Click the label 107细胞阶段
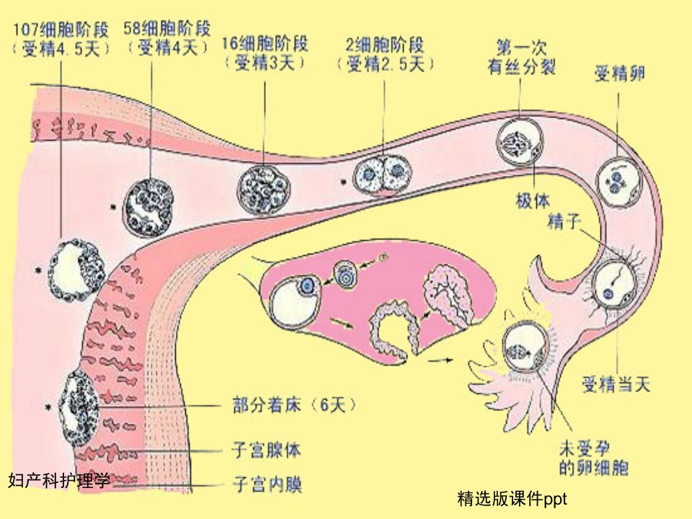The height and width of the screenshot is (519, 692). click(x=61, y=30)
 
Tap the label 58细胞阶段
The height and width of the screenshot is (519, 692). click(x=167, y=29)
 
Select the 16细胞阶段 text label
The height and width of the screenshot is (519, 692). click(x=265, y=44)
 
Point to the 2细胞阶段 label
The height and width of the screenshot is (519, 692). click(x=384, y=45)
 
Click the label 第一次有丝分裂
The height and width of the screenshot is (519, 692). click(x=521, y=57)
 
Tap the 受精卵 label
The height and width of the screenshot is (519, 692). click(x=620, y=74)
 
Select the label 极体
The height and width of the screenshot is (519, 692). click(x=533, y=201)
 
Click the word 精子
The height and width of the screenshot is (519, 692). click(x=564, y=221)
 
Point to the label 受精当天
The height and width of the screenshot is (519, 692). click(x=616, y=384)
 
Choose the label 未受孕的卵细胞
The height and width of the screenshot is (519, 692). click(x=593, y=458)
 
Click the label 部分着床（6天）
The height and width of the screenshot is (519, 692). click(x=294, y=404)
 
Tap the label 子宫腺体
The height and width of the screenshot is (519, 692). click(x=267, y=450)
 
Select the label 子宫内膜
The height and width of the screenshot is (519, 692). click(x=267, y=485)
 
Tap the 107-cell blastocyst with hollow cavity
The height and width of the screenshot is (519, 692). click(x=76, y=270)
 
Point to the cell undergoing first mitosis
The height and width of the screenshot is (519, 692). click(x=519, y=141)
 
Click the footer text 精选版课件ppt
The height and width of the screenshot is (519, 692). click(x=512, y=499)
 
